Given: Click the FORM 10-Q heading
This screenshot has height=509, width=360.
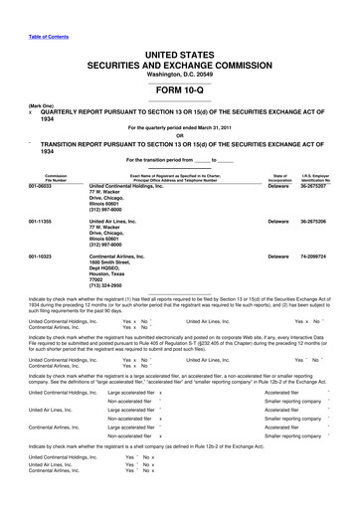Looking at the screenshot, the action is (x=179, y=89).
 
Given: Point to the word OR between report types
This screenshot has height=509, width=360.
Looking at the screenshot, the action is (x=179, y=136).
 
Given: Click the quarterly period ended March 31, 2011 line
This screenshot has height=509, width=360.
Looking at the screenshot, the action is (x=179, y=127).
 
